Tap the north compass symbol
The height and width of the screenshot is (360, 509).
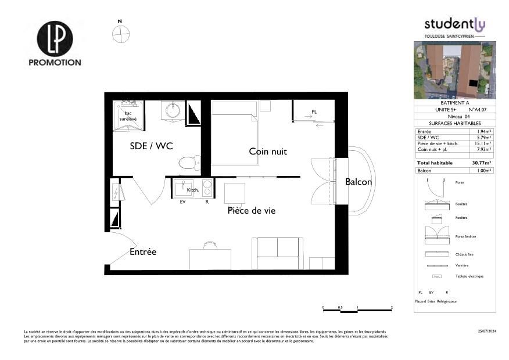120,34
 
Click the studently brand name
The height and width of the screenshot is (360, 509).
454,24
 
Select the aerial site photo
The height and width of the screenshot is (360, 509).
455,70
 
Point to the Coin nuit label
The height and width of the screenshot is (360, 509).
268,152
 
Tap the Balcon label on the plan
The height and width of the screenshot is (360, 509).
359,182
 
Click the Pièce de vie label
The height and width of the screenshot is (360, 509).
251,211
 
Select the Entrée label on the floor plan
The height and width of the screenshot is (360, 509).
142,252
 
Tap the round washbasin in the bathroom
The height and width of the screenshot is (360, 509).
173,110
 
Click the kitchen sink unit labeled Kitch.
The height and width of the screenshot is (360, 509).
180,188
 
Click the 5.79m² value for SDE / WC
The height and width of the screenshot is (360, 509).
483,138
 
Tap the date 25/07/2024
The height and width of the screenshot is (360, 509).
486,330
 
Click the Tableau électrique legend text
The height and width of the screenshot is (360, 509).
469,276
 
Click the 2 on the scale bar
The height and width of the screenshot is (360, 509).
392,307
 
